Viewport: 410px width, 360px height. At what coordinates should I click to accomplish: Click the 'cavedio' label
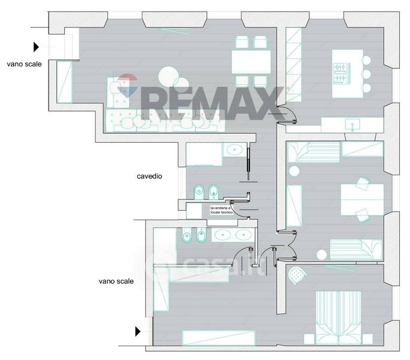point(149,176)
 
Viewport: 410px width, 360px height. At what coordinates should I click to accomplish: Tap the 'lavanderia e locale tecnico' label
point(221,210)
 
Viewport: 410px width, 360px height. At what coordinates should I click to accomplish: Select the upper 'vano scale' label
point(24,64)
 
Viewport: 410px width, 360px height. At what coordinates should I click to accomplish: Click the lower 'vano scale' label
point(116,281)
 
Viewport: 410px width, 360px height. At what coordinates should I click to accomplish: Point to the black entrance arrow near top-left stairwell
point(36,47)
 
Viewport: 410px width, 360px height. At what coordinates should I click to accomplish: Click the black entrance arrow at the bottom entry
point(138,331)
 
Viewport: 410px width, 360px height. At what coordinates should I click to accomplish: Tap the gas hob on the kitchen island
point(342,73)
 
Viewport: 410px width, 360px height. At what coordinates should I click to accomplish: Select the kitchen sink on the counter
point(352,124)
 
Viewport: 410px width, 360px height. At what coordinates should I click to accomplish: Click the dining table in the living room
point(251,62)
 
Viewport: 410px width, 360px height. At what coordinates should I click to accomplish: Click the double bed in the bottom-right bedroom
point(338,317)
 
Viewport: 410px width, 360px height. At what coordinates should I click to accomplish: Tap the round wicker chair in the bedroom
point(297,275)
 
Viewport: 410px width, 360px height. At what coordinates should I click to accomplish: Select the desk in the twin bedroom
point(362,200)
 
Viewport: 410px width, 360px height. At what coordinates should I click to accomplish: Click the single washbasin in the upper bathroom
point(234,150)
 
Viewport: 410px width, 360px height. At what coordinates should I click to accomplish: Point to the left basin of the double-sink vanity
point(223,235)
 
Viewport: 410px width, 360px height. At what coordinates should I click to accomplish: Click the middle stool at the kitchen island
point(366,74)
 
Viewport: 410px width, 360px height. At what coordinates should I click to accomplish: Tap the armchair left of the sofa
point(118,92)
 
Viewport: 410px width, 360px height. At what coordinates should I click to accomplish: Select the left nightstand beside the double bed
point(309,339)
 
